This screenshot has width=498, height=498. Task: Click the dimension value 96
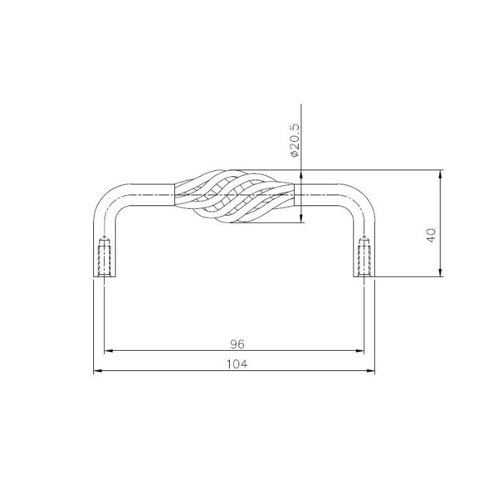point(237,344)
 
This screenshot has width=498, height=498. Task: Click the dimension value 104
point(237,364)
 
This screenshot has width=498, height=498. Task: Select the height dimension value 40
point(432,235)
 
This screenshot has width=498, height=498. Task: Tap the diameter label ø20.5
point(295,140)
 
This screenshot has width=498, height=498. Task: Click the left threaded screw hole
point(105,256)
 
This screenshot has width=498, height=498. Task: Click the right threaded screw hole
point(364,256)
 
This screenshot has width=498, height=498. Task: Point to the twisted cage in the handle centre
point(234,196)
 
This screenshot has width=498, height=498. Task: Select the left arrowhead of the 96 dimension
point(109,351)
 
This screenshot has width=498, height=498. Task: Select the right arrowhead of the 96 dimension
point(360,351)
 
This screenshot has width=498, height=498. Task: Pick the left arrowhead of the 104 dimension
point(98,371)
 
